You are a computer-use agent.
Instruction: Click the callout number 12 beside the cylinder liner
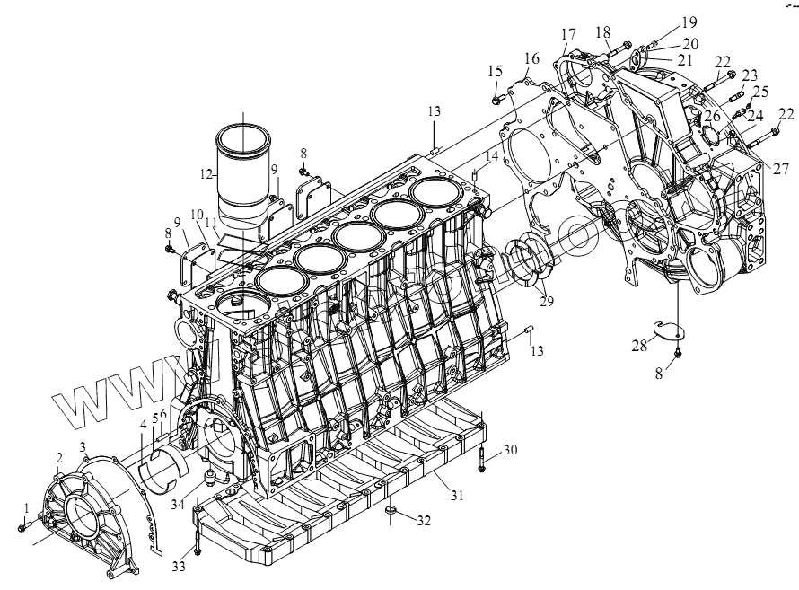point(206,172)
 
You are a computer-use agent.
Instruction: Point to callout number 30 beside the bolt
point(510,450)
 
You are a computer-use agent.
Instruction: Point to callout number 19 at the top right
point(663,20)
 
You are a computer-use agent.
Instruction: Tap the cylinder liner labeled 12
point(244,171)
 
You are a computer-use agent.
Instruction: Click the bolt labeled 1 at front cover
point(24,527)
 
